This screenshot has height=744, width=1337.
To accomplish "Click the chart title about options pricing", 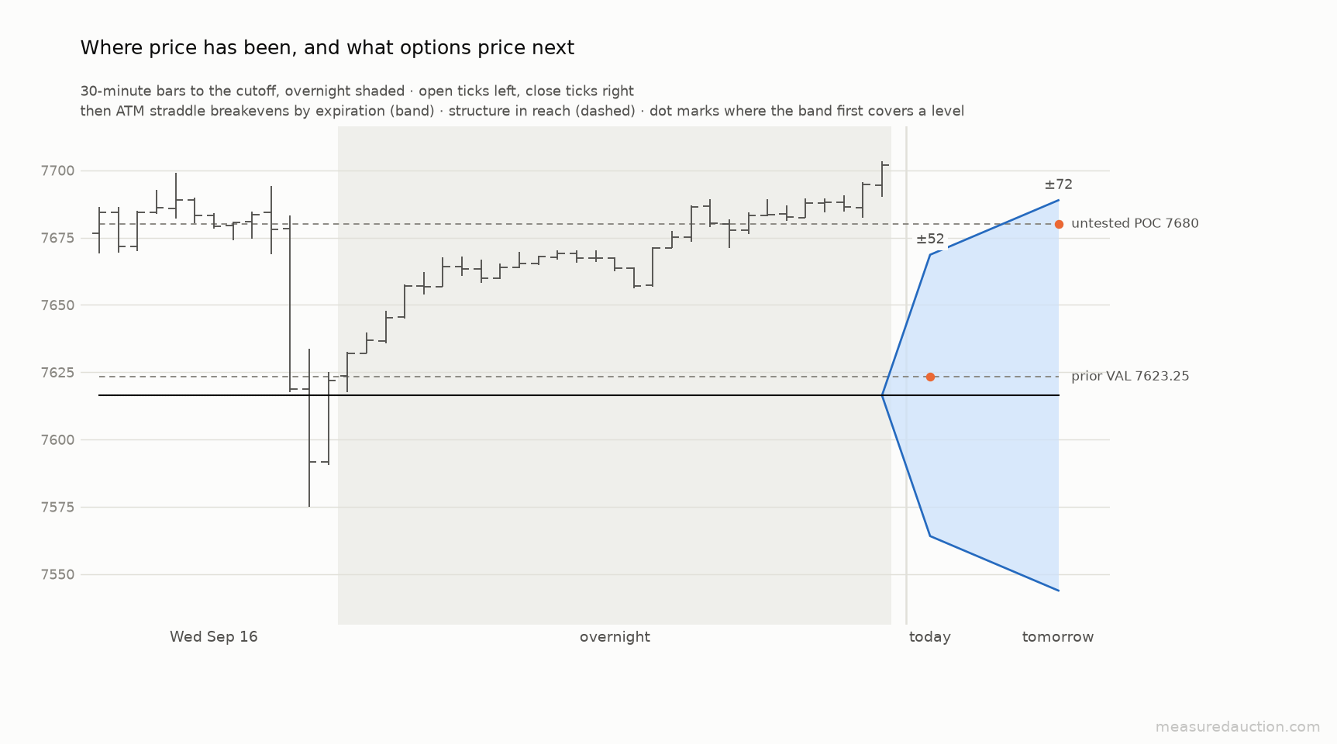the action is coord(327,48).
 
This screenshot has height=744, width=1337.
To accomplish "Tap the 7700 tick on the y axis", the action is coord(59,170).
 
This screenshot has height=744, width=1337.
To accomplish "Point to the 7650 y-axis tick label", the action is coord(59,305).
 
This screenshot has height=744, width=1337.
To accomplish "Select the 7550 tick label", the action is coord(59,575).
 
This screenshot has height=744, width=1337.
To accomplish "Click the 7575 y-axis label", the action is coord(59,508).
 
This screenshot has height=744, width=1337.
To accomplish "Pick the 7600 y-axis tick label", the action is coord(59,440).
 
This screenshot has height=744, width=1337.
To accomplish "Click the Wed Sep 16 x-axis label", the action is coord(214,637).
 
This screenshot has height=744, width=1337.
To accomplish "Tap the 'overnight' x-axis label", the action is coord(615,637).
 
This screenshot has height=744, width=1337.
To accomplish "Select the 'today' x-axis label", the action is coord(930,637).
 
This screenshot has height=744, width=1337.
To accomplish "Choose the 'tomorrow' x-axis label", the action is coord(1058,637).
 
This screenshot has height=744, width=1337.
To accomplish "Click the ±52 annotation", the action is coord(930,239).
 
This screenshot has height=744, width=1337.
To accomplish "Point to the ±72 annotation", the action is coord(1058,184).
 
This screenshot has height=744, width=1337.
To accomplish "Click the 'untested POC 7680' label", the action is coord(1135,224).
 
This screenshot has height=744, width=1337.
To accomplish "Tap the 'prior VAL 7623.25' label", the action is coord(1130,377).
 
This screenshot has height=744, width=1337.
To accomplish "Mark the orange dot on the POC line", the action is coord(1059,224).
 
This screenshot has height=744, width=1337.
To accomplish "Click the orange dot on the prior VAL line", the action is coord(930,377).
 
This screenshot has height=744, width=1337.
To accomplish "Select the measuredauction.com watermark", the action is coord(1238,727).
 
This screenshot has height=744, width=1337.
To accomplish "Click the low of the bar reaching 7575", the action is coord(309,507).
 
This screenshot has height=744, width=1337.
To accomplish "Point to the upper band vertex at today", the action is coord(930,254).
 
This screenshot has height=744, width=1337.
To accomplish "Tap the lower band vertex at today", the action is coord(930,536).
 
